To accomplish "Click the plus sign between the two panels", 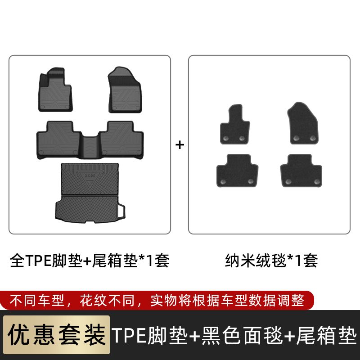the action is [180, 145].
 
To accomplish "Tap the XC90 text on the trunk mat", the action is [90, 175].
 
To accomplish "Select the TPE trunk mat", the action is [90, 193].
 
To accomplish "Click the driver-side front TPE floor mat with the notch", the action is [55, 90].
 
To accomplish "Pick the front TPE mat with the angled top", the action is [125, 90].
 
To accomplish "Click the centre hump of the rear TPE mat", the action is [90, 147].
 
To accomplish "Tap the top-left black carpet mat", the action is [235, 124].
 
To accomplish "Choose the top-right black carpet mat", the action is [303, 123].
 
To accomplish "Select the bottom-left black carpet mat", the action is [238, 171].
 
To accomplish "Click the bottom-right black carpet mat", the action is [301, 171].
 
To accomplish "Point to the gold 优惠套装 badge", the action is [57, 335].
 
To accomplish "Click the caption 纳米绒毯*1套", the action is [271, 261].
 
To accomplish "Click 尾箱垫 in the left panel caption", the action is [115, 261].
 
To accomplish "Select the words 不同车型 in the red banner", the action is [37, 300].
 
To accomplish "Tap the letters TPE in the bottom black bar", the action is [129, 335].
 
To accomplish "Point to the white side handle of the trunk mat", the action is [122, 210].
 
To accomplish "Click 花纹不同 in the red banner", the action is [107, 300].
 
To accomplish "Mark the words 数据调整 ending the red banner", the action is [277, 300].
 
